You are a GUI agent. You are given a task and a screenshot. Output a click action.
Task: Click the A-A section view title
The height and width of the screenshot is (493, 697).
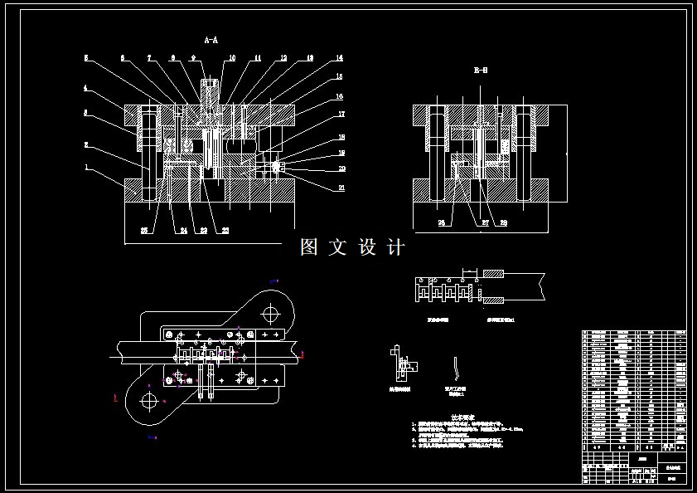coord(211,40)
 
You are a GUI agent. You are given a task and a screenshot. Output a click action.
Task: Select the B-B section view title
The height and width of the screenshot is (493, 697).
coord(480,71)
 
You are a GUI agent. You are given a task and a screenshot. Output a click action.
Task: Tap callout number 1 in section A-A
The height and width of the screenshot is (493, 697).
coord(85,167)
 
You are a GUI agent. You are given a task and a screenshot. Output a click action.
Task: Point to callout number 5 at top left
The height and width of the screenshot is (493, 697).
coord(85,58)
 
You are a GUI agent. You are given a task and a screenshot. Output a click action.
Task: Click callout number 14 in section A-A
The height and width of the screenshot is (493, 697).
coord(338,58)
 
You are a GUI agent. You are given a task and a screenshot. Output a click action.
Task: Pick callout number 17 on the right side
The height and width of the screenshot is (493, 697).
coord(340,114)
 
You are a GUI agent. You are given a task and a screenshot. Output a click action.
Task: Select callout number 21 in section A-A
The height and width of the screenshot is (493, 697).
coord(340,188)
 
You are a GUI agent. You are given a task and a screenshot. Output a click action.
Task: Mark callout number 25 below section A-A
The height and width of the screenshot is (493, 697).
coord(144,231)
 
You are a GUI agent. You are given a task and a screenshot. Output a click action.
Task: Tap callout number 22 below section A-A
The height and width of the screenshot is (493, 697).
coord(225,231)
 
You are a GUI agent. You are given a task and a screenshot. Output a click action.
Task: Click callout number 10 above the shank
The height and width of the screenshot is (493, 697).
coord(231,58)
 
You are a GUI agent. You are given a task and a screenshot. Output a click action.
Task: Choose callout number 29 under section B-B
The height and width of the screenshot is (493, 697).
coord(502,222)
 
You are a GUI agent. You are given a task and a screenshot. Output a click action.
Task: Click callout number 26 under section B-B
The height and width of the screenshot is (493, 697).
coord(441,222)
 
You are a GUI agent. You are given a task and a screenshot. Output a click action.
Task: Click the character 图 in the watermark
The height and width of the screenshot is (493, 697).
coord(309,247)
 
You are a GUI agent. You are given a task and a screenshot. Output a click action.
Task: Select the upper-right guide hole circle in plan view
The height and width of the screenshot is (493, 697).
coord(271,315)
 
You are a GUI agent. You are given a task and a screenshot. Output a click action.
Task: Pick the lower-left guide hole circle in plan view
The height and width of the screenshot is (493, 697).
coord(149,401)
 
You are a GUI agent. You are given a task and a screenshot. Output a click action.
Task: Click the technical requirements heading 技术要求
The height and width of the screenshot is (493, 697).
coord(462,417)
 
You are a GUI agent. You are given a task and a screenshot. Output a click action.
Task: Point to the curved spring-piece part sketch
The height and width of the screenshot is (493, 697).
coord(455,367)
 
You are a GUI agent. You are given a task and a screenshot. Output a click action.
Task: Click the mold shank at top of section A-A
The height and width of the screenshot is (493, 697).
coord(210,91)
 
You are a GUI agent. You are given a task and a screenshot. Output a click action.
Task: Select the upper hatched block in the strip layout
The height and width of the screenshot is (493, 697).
coord(493,275)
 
